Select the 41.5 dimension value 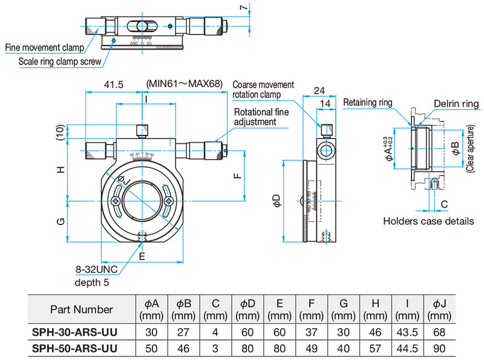[x=113, y=84]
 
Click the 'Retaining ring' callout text [x=368, y=103]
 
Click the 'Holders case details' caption [x=428, y=221]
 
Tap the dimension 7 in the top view [x=243, y=8]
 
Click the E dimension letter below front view [x=142, y=257]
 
